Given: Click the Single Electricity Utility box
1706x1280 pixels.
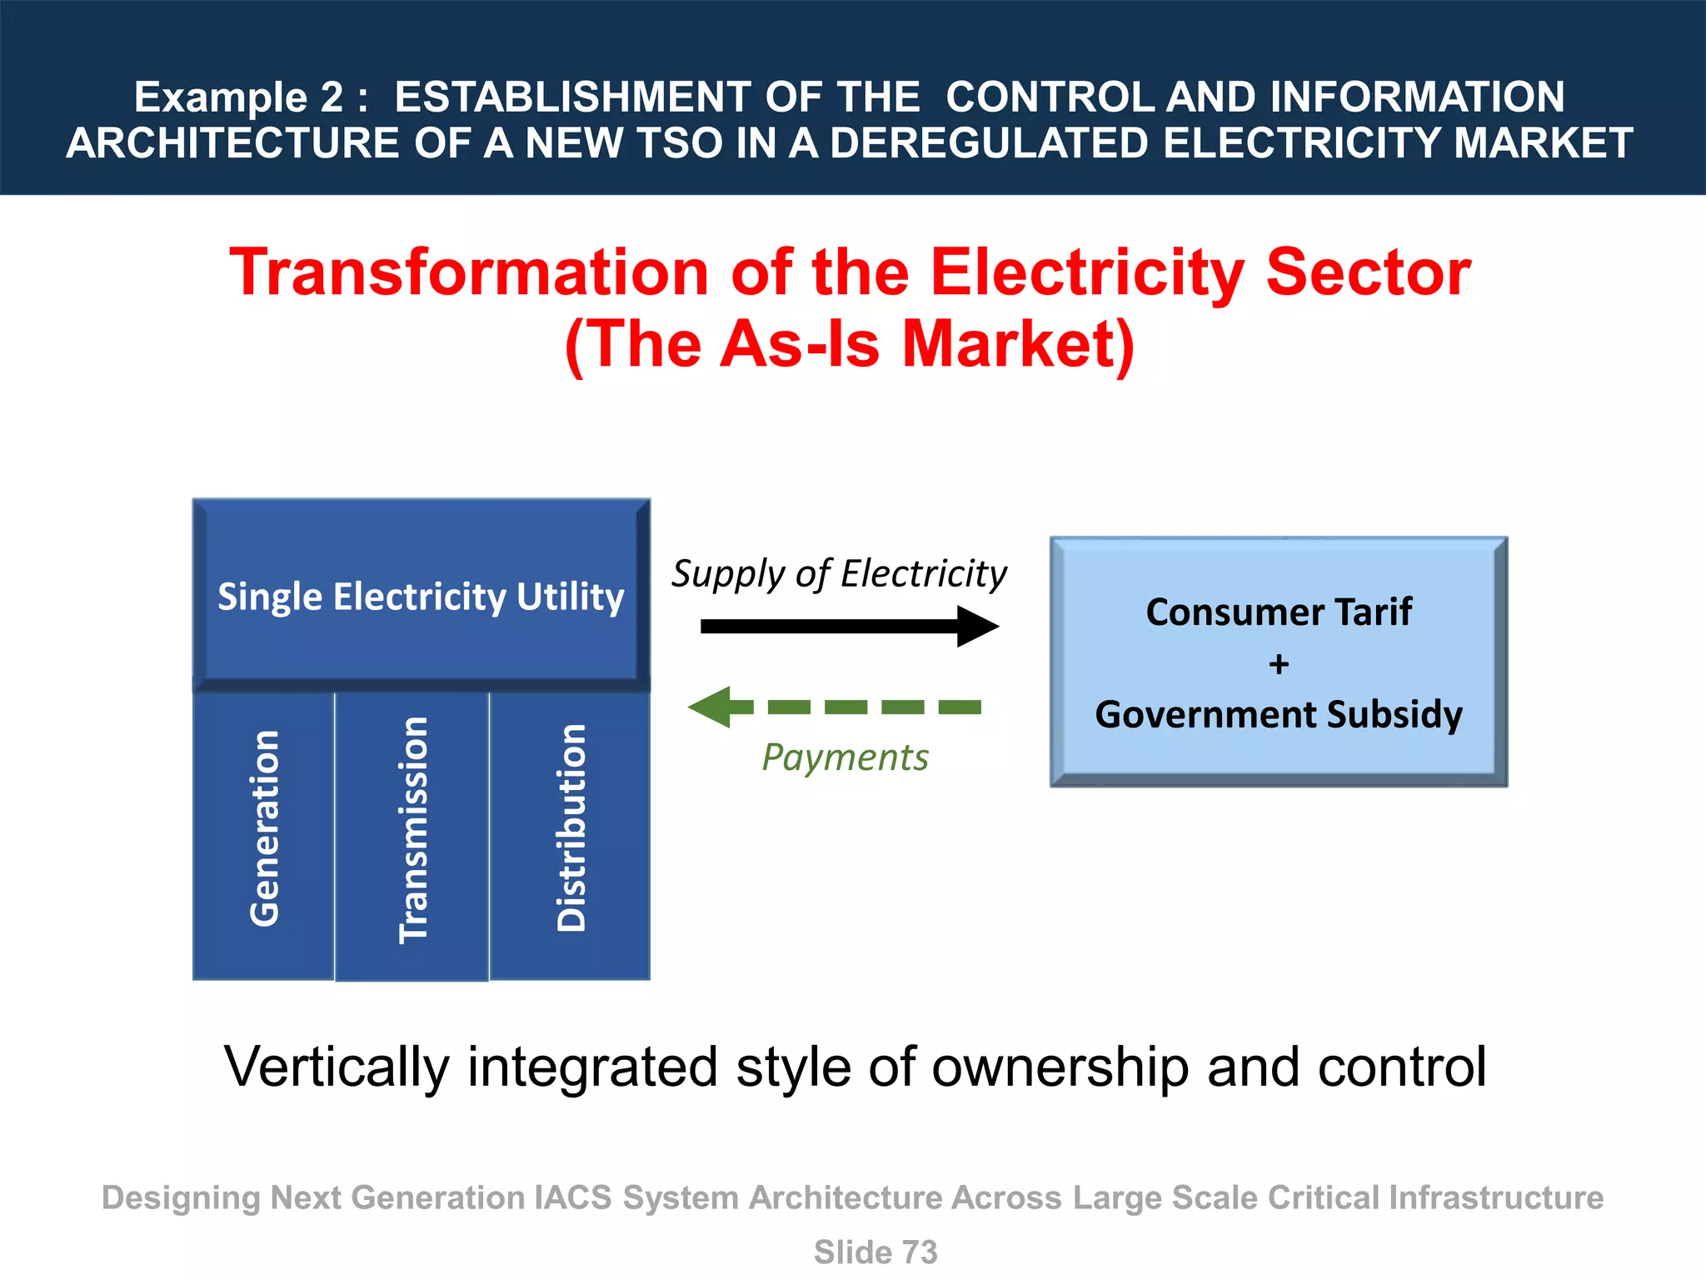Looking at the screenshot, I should click(421, 596).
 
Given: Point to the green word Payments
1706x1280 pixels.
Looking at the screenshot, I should click(845, 757).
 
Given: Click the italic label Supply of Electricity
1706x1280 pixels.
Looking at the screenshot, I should click(839, 574).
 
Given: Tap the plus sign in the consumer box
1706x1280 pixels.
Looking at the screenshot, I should click(1279, 664).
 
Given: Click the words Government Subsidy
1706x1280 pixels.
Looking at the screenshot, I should click(1279, 714).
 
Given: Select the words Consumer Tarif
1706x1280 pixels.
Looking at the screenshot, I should click(1279, 612).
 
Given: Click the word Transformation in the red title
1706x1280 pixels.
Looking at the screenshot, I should click(469, 272).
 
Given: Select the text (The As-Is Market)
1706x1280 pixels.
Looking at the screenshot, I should click(850, 344).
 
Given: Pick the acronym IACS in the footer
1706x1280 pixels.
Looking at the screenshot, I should click(572, 1197).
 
